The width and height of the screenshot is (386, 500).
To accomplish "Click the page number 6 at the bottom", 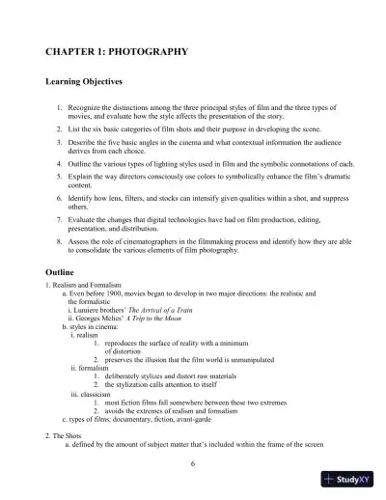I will coord(193,463).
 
